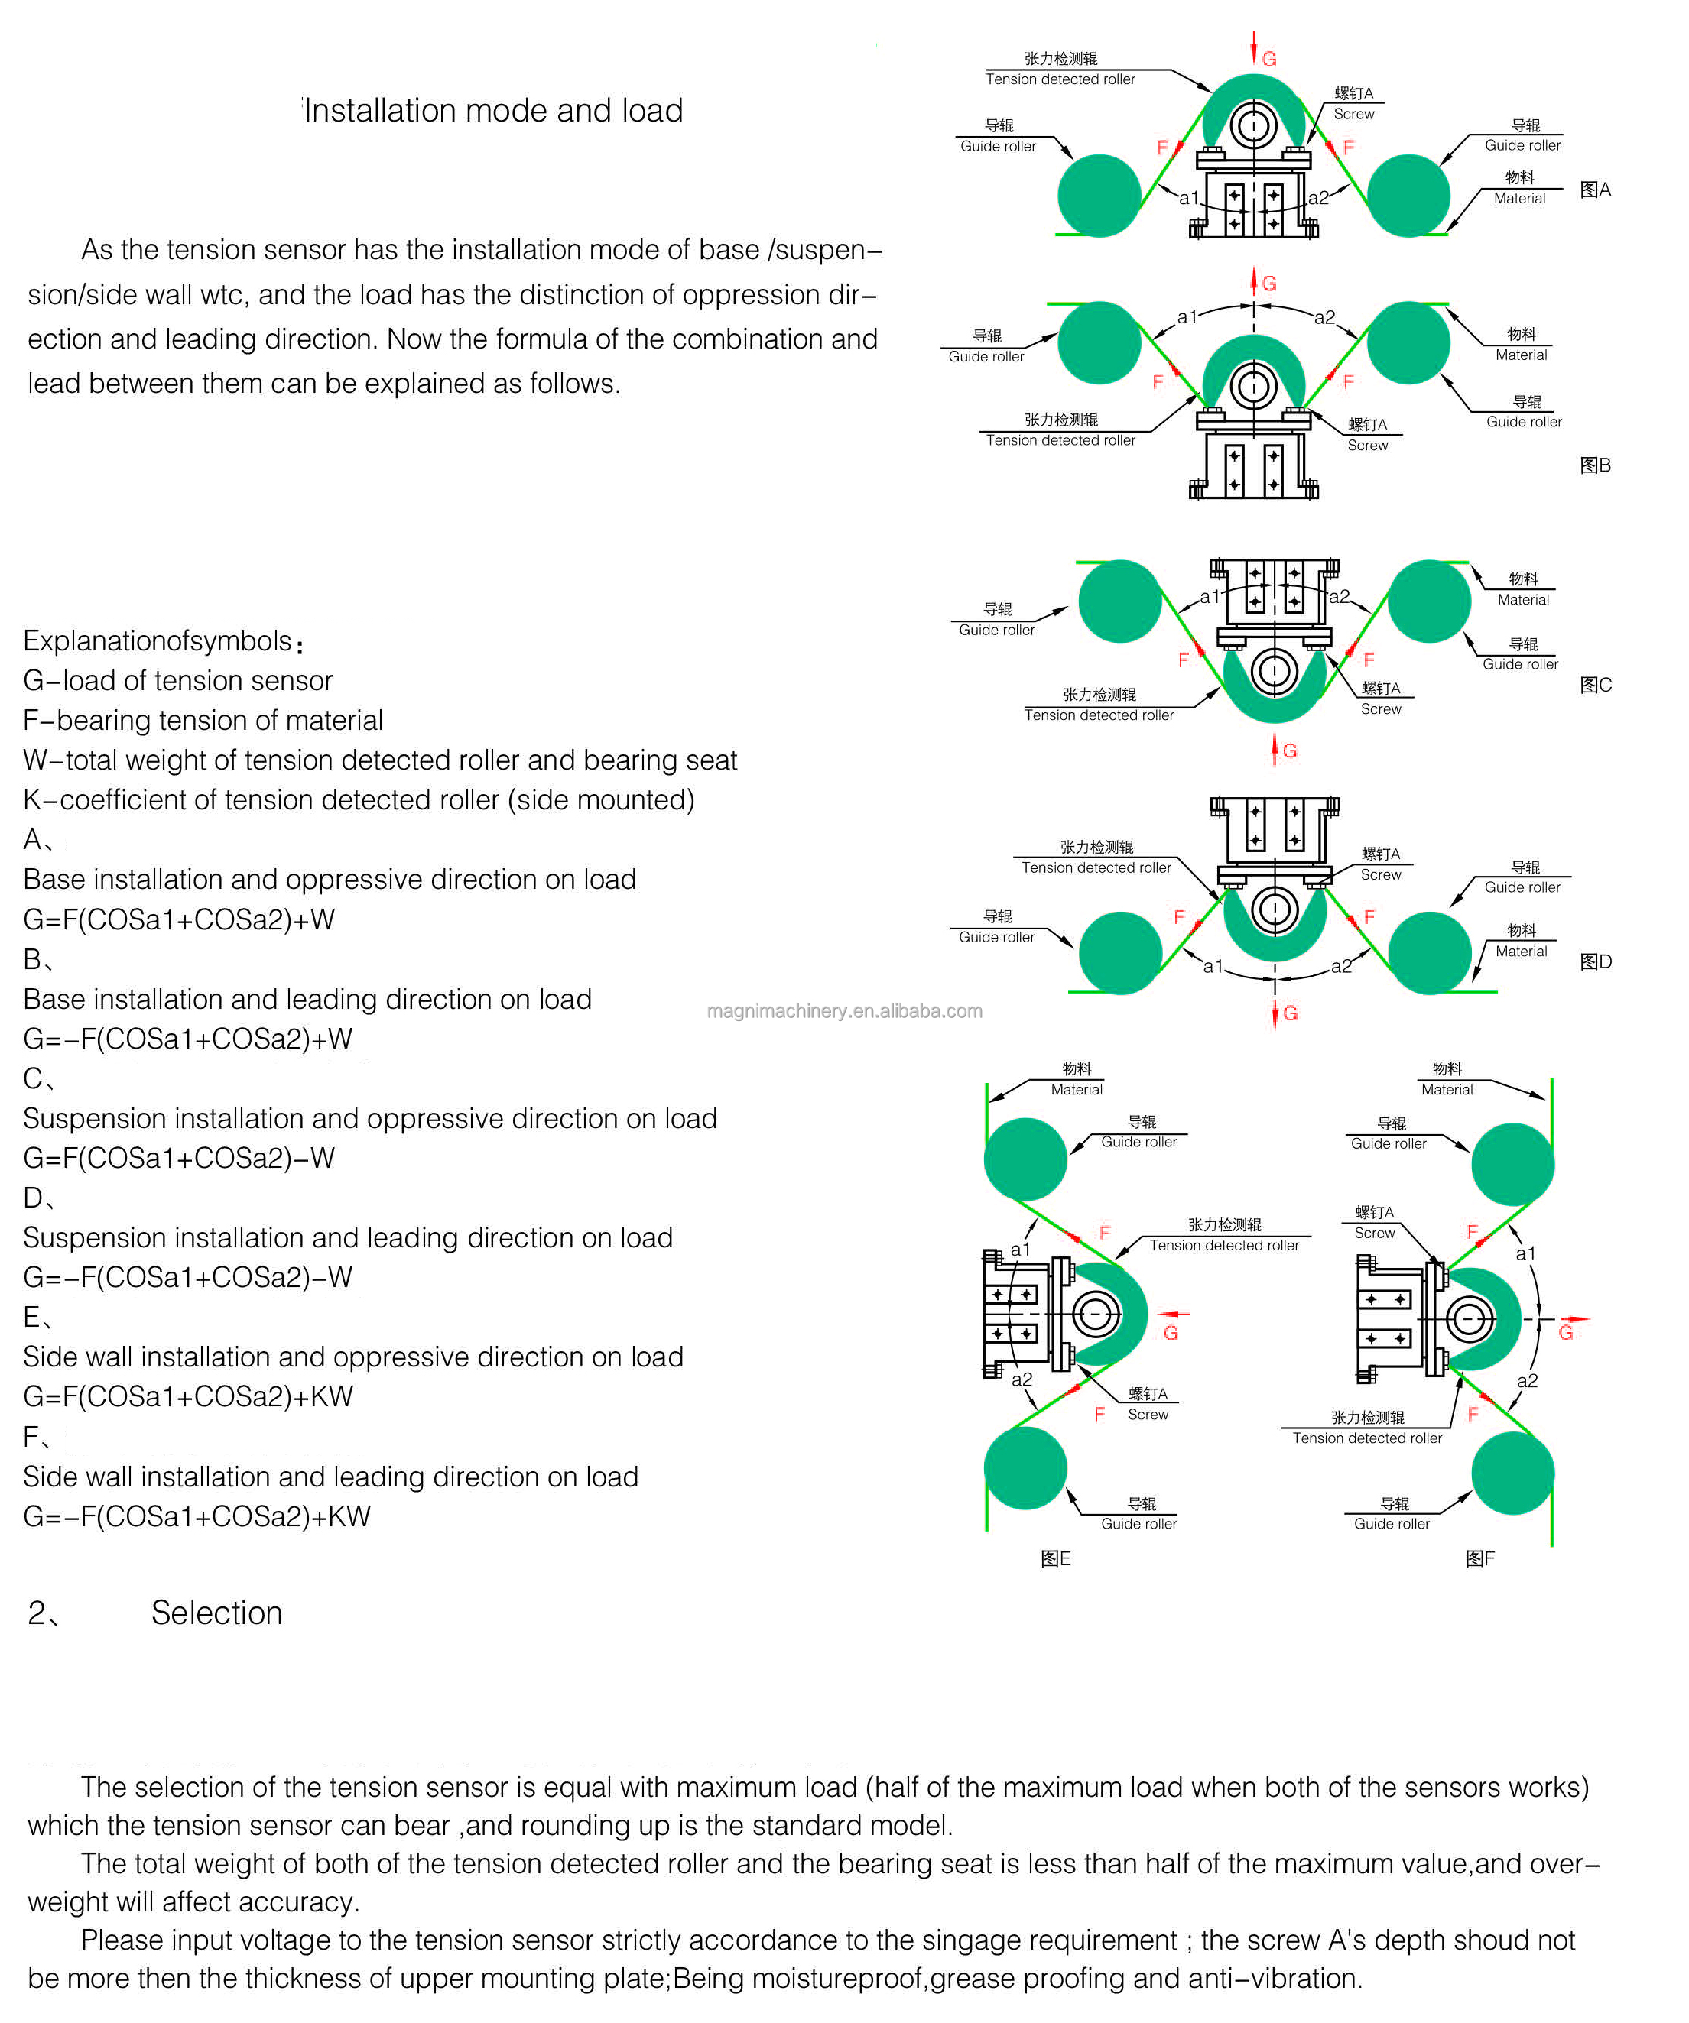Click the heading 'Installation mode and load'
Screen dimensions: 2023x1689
[x=493, y=111]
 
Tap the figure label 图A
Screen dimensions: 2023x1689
[x=1595, y=190]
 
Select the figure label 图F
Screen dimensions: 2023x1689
[x=1480, y=1558]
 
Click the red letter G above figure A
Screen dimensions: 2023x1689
[x=1269, y=60]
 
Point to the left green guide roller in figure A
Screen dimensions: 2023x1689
[x=1099, y=196]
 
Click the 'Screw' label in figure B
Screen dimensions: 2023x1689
[x=1367, y=445]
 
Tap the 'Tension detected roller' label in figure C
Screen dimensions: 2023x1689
[x=1099, y=715]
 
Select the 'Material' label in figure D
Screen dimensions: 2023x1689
[x=1520, y=951]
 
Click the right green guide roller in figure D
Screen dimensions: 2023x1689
[x=1429, y=953]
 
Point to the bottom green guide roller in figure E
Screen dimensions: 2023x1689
[x=1025, y=1468]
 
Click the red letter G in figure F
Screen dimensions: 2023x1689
[x=1566, y=1333]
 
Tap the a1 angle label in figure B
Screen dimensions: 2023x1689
[x=1187, y=317]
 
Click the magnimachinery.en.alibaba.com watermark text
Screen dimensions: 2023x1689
[x=844, y=1010]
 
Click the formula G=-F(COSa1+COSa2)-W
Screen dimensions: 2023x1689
[x=188, y=1276]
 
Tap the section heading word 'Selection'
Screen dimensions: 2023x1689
[x=217, y=1613]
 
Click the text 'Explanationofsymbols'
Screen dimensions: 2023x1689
[x=157, y=640]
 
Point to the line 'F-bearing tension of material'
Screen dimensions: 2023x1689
[x=203, y=720]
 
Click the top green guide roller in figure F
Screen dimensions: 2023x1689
[x=1512, y=1165]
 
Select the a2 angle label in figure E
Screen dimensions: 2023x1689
[x=1022, y=1379]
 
